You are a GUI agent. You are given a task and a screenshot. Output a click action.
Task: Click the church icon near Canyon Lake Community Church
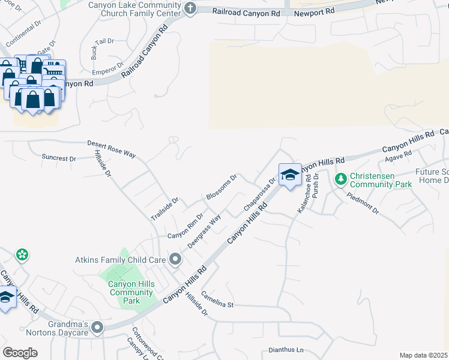(191, 8)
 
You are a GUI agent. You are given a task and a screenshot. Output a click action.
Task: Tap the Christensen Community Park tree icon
(340, 179)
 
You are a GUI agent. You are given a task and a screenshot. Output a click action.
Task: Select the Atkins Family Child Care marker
(175, 260)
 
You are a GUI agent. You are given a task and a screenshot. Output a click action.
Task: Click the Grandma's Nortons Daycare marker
(97, 328)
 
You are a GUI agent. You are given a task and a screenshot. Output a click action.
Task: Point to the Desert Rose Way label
(112, 148)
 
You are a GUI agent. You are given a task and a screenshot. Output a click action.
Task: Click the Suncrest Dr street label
(59, 158)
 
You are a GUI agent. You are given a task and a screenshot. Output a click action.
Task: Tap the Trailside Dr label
(165, 209)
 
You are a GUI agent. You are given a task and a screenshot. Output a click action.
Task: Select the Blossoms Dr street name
(222, 187)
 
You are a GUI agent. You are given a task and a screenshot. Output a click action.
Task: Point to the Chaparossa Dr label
(259, 194)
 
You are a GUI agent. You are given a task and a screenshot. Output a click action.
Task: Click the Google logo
(20, 353)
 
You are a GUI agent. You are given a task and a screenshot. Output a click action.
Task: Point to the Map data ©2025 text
(423, 355)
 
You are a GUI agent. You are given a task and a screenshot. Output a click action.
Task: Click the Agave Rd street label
(399, 156)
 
